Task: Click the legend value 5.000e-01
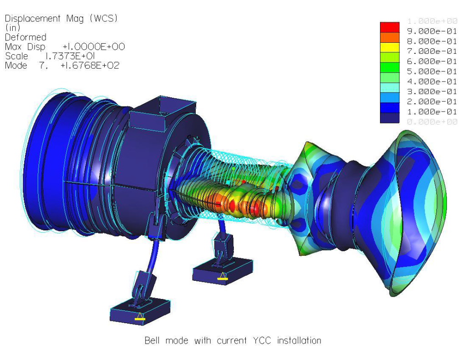(x=431, y=71)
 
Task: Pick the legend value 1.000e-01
(x=431, y=112)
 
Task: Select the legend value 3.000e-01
(x=431, y=91)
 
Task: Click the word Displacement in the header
(x=32, y=19)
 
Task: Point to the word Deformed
(x=25, y=37)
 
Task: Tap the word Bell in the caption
(x=153, y=340)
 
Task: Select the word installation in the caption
(x=299, y=340)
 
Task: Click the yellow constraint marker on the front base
(x=140, y=319)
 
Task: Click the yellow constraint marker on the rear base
(x=223, y=278)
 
